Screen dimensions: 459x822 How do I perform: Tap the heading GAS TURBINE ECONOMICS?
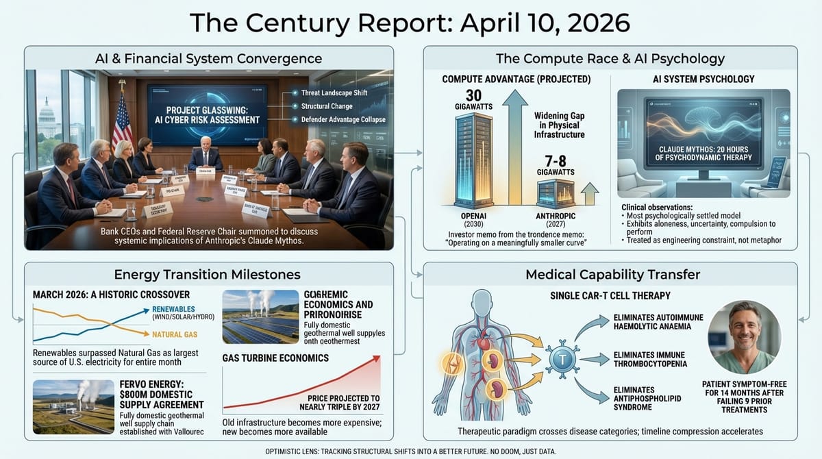point(275,358)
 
